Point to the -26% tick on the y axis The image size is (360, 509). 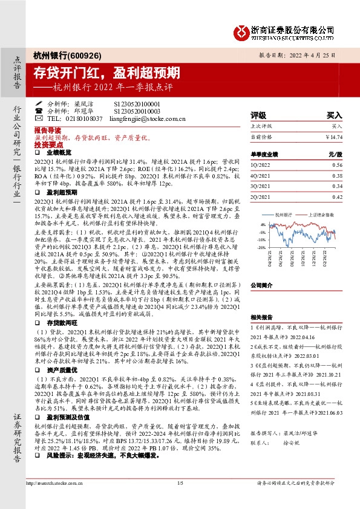click(x=261, y=247)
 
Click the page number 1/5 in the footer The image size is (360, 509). click(x=180, y=499)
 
